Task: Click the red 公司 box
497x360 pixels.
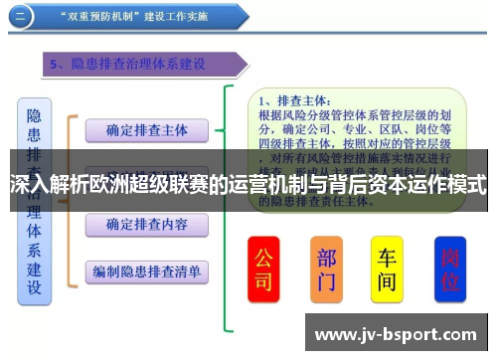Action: (263, 268)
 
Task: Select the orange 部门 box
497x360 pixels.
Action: (327, 268)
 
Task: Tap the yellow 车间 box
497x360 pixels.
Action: (388, 268)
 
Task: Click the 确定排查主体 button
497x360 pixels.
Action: (145, 129)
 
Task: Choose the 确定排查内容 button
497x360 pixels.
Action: (145, 225)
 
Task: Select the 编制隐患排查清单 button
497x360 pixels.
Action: (146, 270)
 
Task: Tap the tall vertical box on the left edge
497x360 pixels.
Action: (34, 199)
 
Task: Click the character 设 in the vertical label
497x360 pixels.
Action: (34, 287)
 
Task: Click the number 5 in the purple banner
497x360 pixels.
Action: (55, 65)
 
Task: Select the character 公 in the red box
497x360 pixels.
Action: (263, 256)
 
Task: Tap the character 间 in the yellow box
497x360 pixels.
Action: (388, 281)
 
